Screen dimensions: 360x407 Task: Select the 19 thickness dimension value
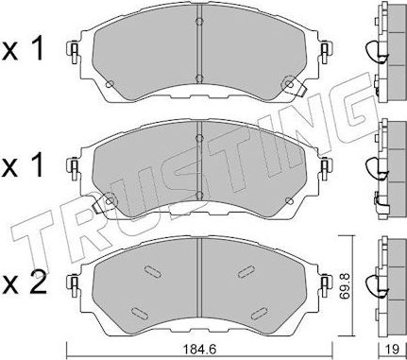[385, 349]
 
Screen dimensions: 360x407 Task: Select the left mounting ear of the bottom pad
[73, 283]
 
